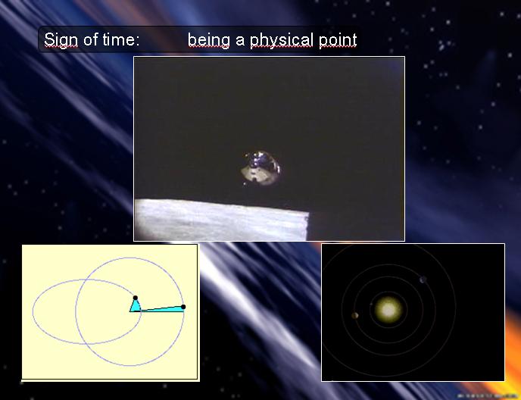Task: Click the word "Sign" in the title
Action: [x=61, y=40]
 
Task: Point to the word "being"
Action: [x=209, y=41]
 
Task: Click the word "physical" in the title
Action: [x=281, y=41]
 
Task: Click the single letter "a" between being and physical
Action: [x=240, y=41]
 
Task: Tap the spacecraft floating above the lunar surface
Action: [x=260, y=168]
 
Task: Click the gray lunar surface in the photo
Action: [x=221, y=220]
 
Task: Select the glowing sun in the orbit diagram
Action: [x=388, y=310]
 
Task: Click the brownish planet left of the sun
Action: [x=355, y=315]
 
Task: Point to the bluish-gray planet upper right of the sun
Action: [x=423, y=280]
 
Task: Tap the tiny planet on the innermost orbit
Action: [x=371, y=304]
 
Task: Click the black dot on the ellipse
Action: [x=136, y=298]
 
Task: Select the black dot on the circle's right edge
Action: [x=183, y=307]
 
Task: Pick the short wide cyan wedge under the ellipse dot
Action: [x=136, y=306]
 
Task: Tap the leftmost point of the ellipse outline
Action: [x=33, y=312]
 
